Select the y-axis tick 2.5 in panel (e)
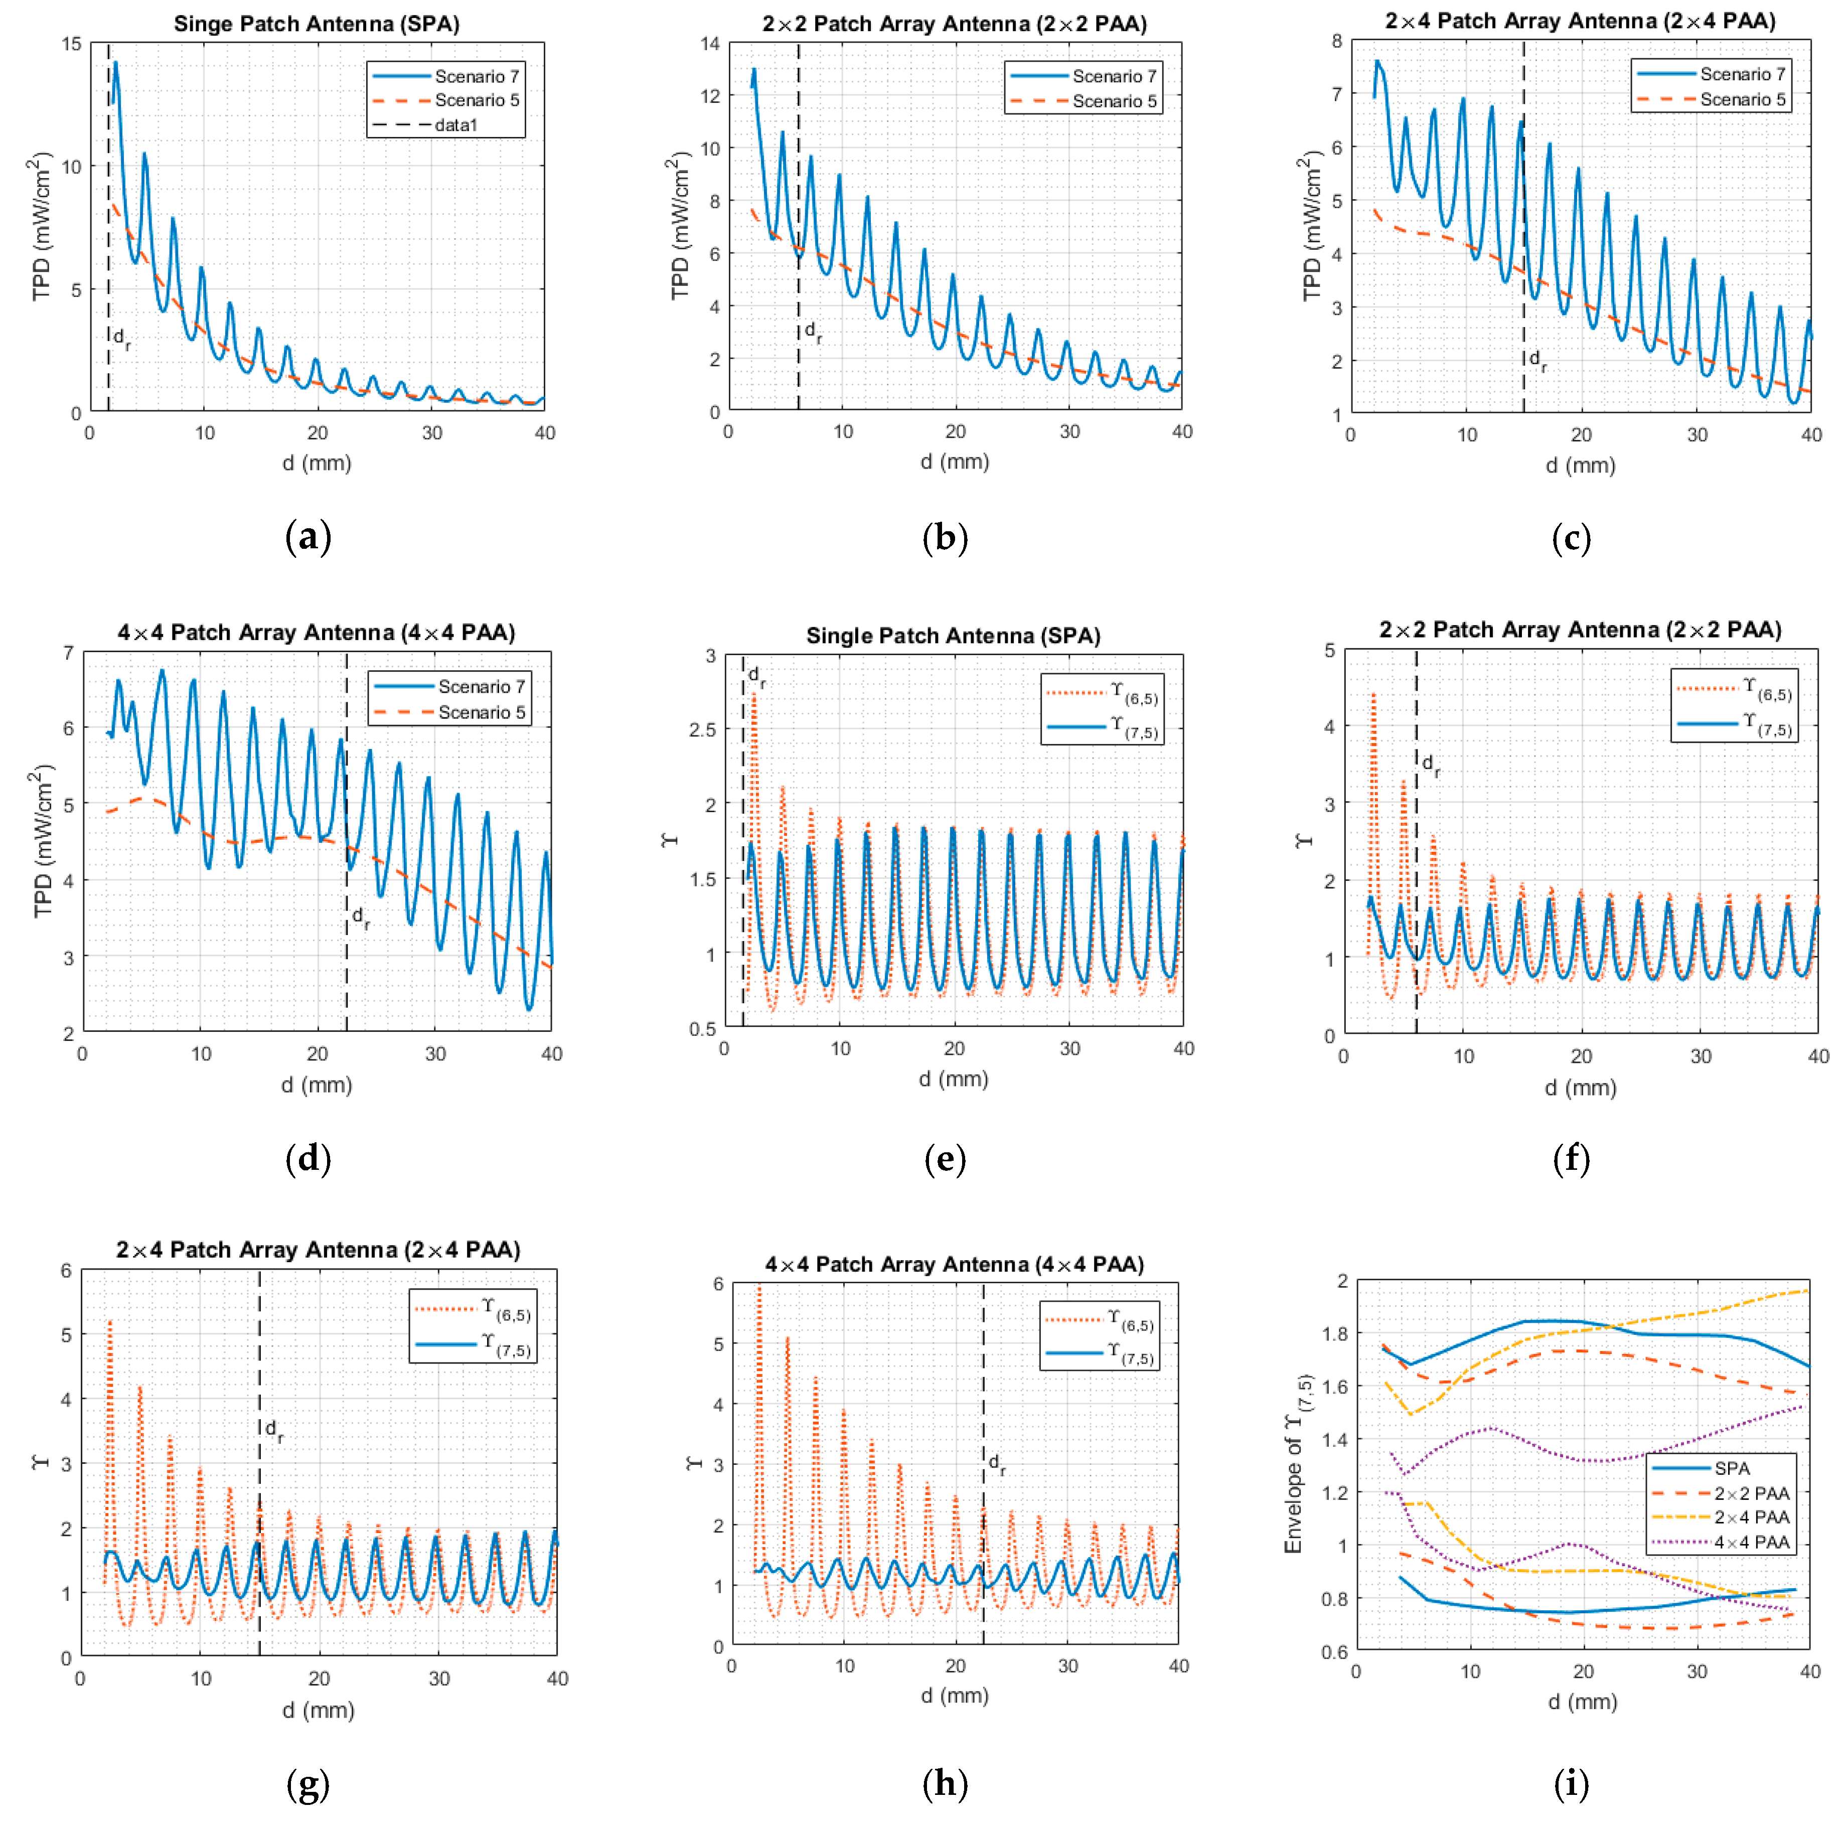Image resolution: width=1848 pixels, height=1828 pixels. pos(703,730)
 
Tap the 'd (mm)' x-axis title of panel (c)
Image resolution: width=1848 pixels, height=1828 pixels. pos(1580,466)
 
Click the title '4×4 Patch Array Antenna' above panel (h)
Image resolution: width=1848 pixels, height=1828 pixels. pos(954,1265)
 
